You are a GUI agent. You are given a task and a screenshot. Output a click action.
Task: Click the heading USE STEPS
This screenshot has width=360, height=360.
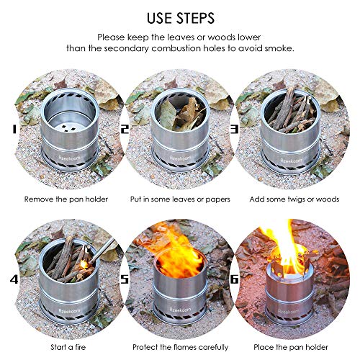(180, 15)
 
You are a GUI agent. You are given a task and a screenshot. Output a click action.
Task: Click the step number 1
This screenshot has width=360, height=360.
(12, 130)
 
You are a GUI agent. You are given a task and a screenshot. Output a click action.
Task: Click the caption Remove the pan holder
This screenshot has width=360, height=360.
(63, 198)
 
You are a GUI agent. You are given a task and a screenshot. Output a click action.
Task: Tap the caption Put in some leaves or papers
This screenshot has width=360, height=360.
(179, 198)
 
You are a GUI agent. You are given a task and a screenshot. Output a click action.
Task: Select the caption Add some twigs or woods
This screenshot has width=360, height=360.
(295, 198)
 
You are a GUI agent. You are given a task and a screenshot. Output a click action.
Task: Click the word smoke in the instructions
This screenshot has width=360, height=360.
(286, 48)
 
